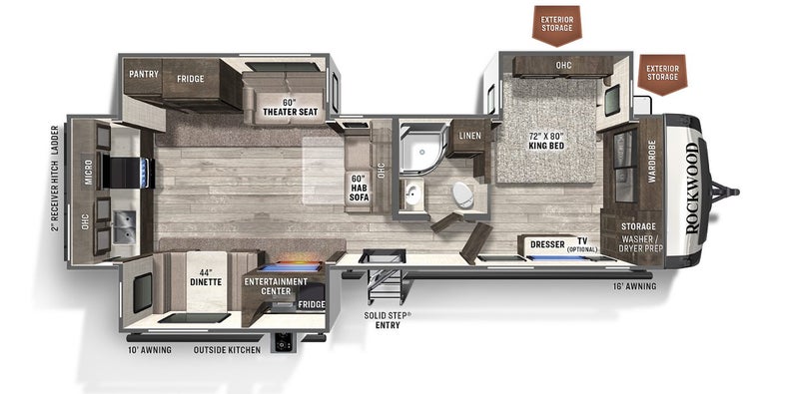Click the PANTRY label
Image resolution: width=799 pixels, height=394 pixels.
[x=143, y=74]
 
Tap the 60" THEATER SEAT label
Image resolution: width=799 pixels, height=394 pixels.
[x=290, y=107]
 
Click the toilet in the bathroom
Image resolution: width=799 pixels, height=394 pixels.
[x=463, y=194]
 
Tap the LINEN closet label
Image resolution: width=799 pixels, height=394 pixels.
[x=468, y=136]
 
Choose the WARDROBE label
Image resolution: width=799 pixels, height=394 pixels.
[x=651, y=162]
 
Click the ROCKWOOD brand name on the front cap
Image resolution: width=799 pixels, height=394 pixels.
[x=691, y=189]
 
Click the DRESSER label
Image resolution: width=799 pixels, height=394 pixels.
[x=547, y=244]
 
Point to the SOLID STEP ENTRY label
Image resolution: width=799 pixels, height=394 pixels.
[x=387, y=320]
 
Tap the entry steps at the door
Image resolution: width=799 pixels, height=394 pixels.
[x=386, y=283]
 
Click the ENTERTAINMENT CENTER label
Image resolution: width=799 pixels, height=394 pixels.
[x=276, y=286]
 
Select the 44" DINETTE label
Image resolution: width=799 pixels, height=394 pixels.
[x=206, y=277]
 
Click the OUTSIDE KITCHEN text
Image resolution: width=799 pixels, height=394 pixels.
[x=227, y=350]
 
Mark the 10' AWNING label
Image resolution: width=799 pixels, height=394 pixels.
[x=149, y=350]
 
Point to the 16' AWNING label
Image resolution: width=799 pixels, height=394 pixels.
[x=634, y=286]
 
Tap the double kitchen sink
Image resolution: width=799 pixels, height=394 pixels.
[x=124, y=226]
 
